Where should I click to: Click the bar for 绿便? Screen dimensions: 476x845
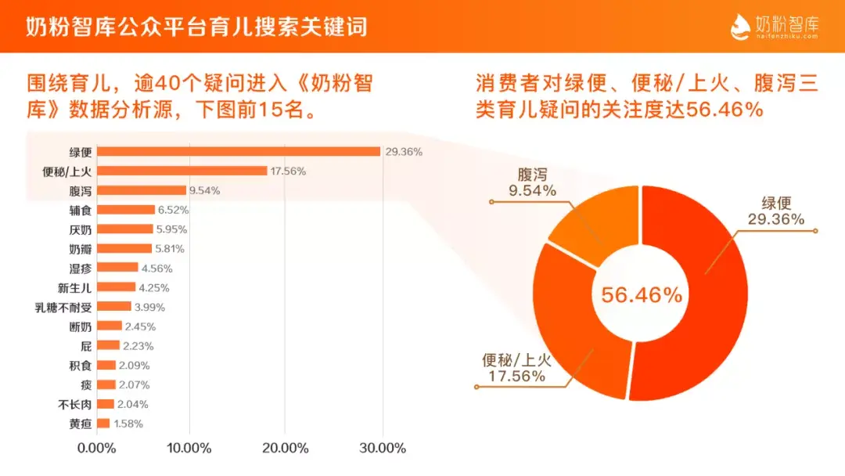239,151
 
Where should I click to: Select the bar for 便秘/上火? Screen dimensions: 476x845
182,171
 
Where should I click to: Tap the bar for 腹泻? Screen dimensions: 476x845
142,190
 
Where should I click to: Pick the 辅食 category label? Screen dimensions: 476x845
81,210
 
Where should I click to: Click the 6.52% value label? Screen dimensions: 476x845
174,210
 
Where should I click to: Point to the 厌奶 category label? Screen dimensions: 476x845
81,229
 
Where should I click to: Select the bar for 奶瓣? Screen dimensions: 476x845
124,249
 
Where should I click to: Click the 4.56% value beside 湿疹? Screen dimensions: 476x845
156,269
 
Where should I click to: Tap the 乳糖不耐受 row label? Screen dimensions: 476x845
65,307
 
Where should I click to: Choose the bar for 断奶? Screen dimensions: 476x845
110,326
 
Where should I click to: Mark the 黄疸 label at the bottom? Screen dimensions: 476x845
81,424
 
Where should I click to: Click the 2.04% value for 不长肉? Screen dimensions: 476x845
132,404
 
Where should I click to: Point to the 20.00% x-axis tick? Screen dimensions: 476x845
285,449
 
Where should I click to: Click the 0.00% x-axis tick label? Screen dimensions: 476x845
95,449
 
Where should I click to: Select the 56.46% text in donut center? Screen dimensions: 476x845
641,295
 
